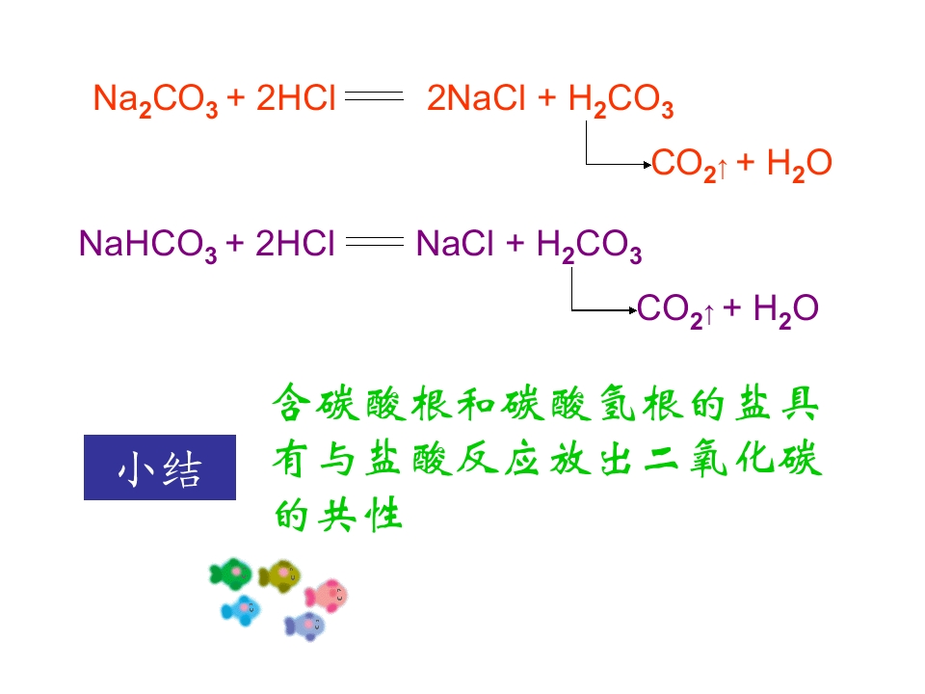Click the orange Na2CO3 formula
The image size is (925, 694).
[155, 99]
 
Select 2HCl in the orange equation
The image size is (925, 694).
[296, 97]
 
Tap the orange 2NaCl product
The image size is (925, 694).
[475, 97]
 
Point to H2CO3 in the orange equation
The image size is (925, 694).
[621, 99]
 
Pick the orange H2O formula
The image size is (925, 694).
[800, 164]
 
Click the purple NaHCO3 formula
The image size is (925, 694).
[148, 244]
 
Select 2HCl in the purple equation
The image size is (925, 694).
[295, 243]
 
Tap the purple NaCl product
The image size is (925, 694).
[454, 243]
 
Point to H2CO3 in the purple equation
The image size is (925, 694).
[589, 245]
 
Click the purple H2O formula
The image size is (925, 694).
[786, 309]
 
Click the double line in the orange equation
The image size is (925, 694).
[374, 95]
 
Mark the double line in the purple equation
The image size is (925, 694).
[375, 241]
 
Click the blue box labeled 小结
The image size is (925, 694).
[160, 467]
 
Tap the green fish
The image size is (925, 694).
[230, 574]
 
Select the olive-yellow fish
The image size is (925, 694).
[280, 575]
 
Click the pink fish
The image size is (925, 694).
[327, 595]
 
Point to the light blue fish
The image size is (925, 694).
[241, 610]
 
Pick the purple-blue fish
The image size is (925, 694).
[304, 627]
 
